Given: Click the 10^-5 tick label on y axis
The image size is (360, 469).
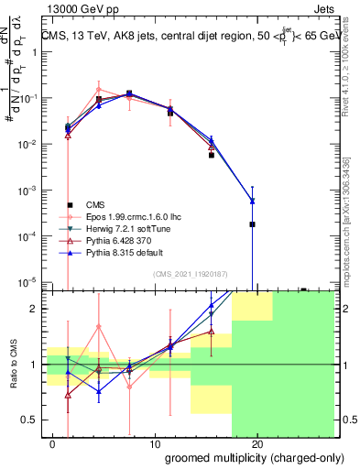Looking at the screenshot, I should (x=27, y=281).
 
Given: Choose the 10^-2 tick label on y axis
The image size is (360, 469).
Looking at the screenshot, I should (x=27, y=145).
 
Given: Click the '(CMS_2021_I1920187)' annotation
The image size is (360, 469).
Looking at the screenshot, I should (x=191, y=273).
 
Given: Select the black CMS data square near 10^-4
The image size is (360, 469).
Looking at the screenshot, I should (x=252, y=224).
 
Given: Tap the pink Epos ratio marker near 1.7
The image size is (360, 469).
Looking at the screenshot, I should (x=99, y=326).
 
